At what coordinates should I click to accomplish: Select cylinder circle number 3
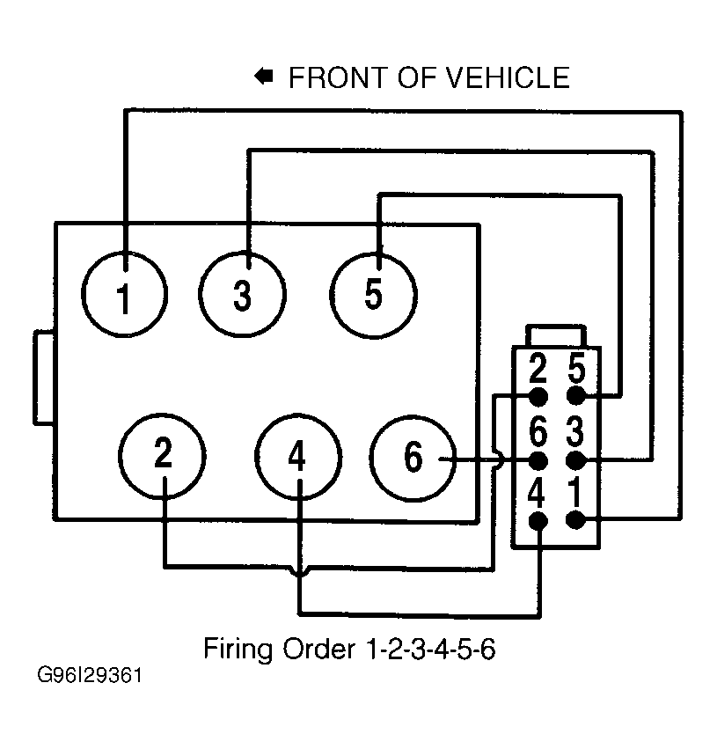click(243, 296)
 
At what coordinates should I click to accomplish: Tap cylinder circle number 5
click(374, 295)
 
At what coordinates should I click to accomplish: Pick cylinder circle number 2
click(164, 455)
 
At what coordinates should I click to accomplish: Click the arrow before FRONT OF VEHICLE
click(263, 77)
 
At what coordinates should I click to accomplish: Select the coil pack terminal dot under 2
click(538, 396)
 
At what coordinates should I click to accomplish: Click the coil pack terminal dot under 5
click(575, 396)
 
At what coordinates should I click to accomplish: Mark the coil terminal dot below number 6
click(538, 460)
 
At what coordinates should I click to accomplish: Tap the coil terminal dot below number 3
click(575, 460)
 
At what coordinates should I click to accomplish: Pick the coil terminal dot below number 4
click(538, 520)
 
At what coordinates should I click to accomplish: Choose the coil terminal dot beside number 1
click(575, 520)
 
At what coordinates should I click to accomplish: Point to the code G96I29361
click(89, 679)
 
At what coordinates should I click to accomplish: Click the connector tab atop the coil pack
click(556, 336)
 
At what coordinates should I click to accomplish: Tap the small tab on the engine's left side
click(45, 378)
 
